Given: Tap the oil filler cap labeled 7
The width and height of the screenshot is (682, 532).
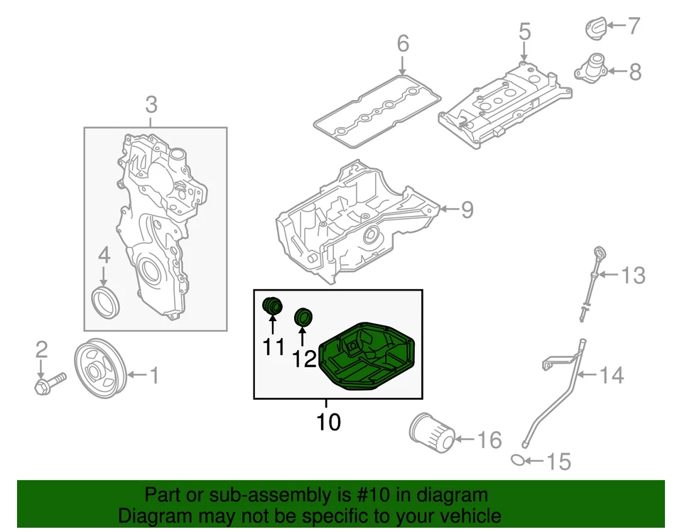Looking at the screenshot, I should point(595,28).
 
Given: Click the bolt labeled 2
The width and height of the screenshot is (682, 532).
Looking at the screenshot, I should point(48,384).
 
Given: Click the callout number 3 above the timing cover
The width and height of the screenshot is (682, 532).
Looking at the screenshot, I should point(151,106).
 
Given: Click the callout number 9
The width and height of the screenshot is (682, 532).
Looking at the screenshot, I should point(466,209).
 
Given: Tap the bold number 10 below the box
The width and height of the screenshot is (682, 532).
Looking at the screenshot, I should point(328,422).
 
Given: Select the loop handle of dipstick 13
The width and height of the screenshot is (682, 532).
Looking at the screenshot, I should point(599,254).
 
